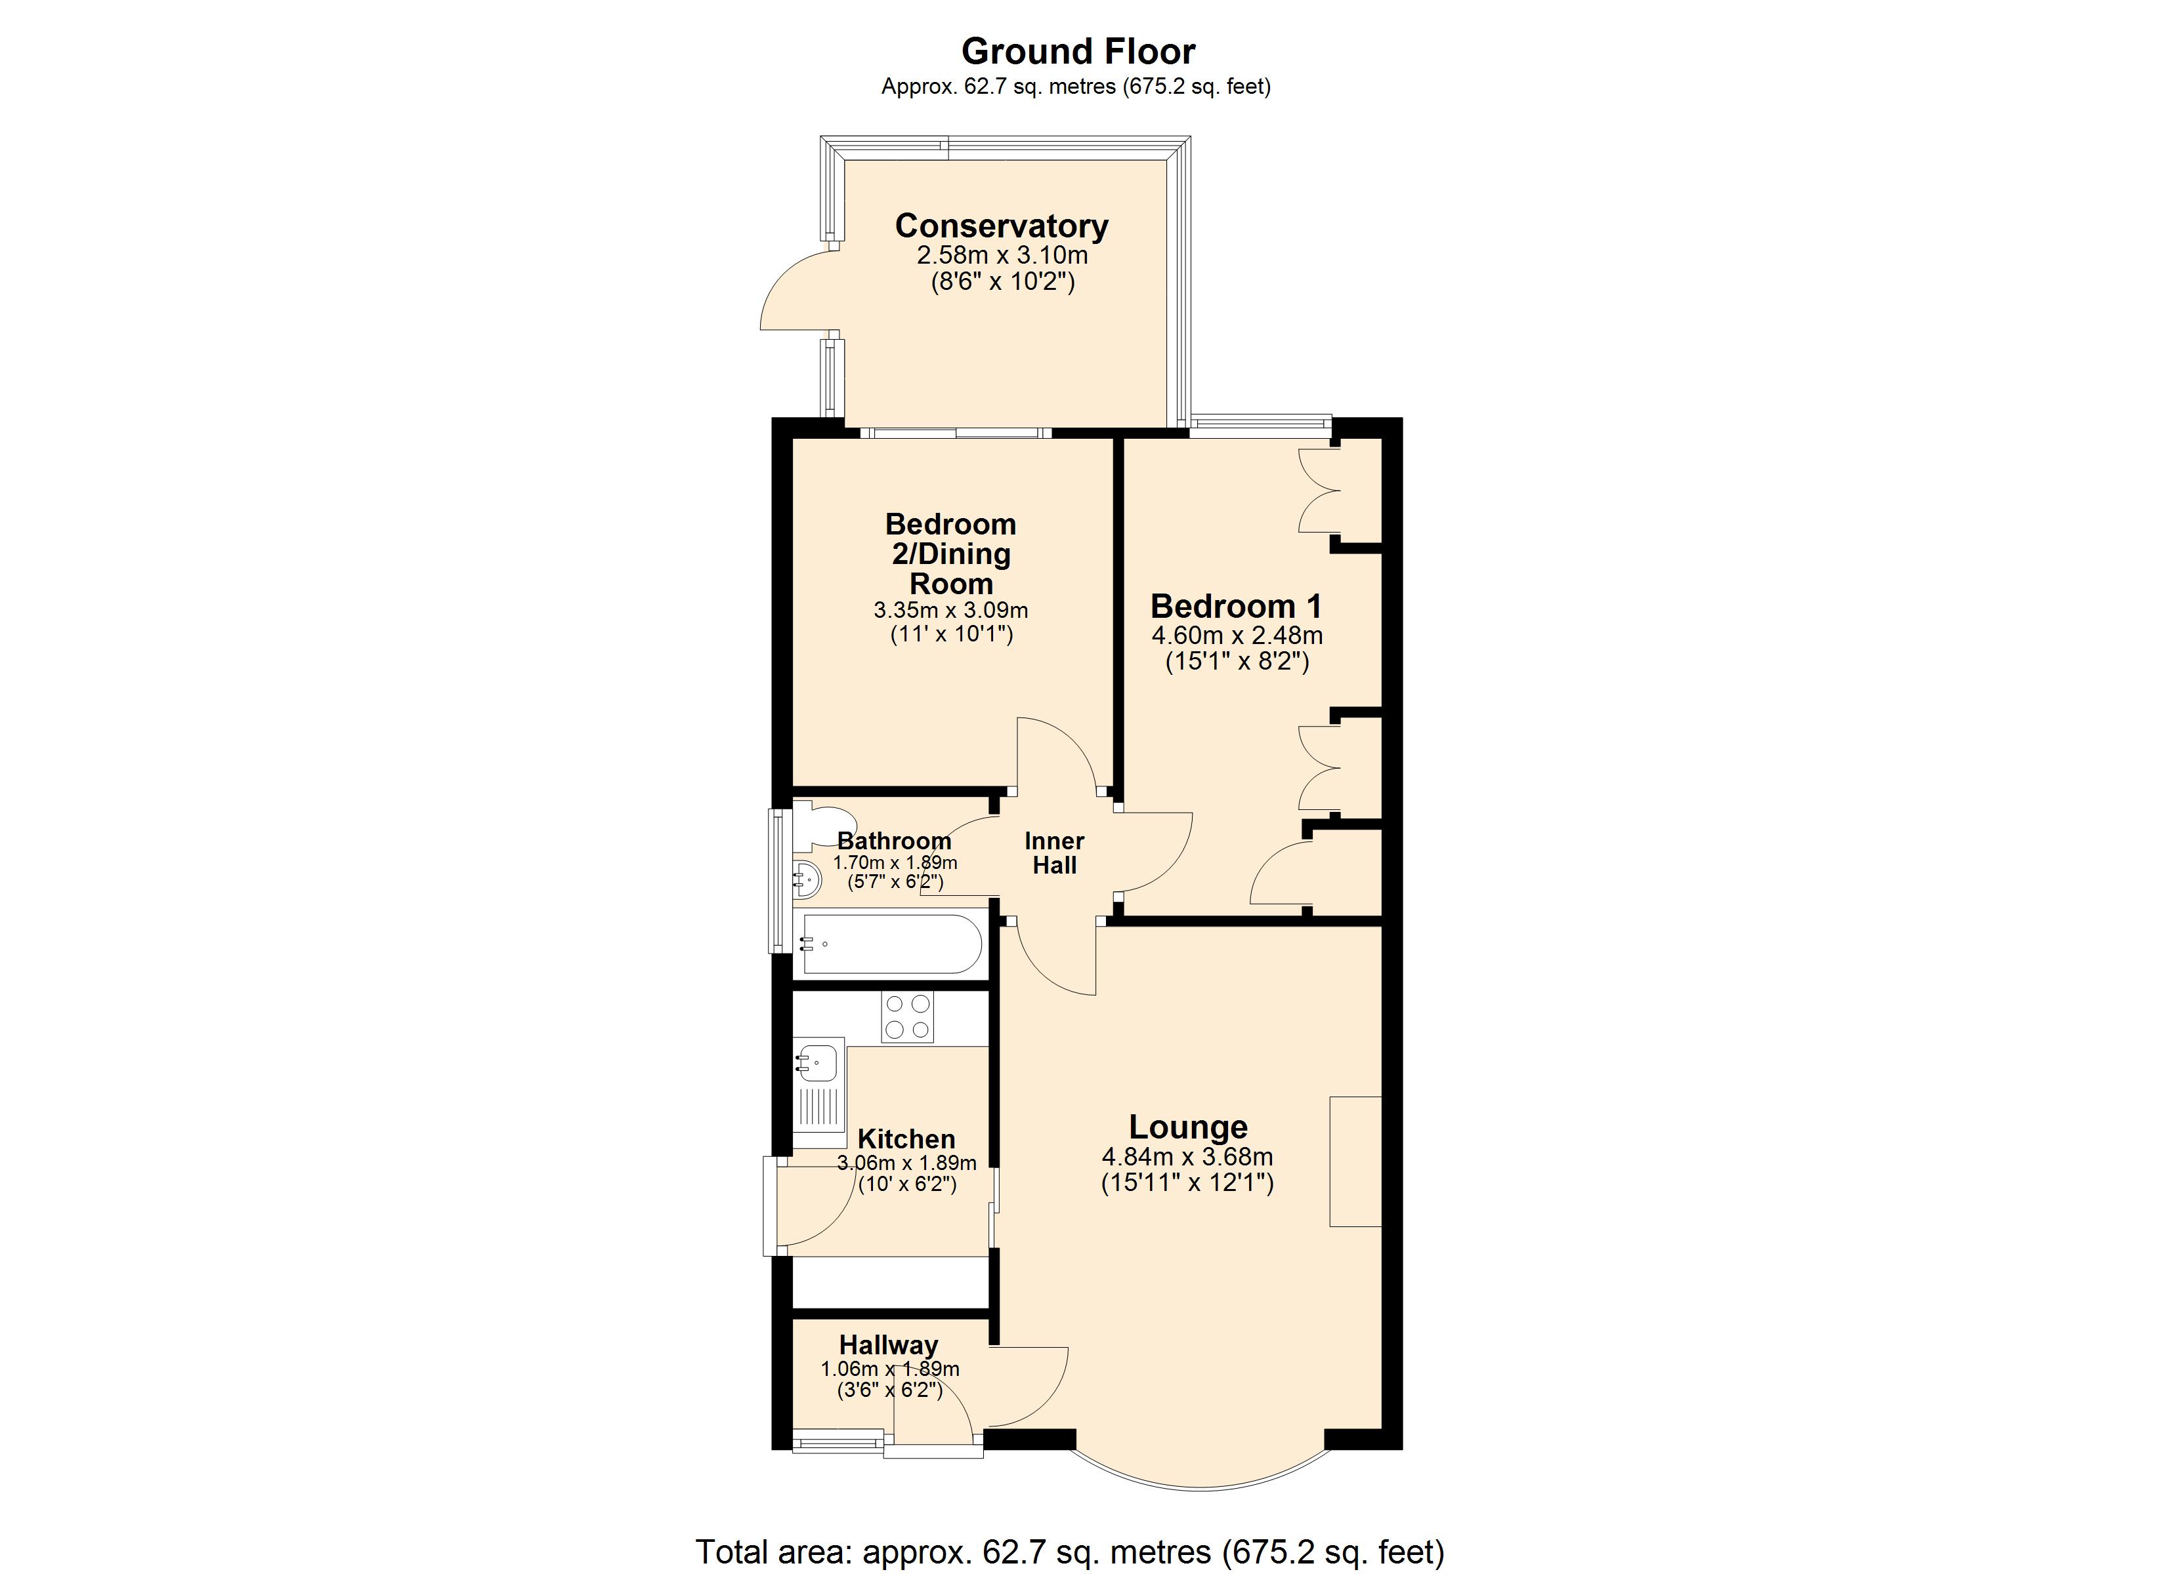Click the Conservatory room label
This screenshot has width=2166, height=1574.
click(x=1001, y=226)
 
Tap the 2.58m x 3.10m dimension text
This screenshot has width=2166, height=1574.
click(x=1002, y=256)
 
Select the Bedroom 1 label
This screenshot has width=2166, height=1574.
click(x=1236, y=606)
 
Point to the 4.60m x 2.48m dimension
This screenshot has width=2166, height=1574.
click(x=1237, y=636)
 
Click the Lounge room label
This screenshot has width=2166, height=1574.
click(x=1188, y=1127)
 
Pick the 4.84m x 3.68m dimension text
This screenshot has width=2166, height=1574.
click(x=1187, y=1157)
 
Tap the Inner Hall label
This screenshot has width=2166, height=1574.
click(x=1053, y=853)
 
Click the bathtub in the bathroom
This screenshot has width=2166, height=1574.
click(x=891, y=944)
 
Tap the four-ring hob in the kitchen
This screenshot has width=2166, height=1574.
click(x=907, y=1017)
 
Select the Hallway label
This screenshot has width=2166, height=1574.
click(x=888, y=1345)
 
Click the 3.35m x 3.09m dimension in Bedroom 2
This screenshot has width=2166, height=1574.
click(x=950, y=610)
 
